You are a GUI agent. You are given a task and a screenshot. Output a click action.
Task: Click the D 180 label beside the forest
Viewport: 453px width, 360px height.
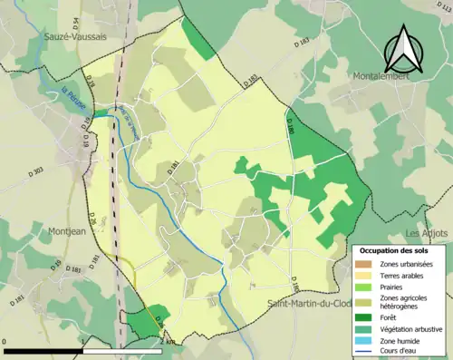(x=291, y=126)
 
